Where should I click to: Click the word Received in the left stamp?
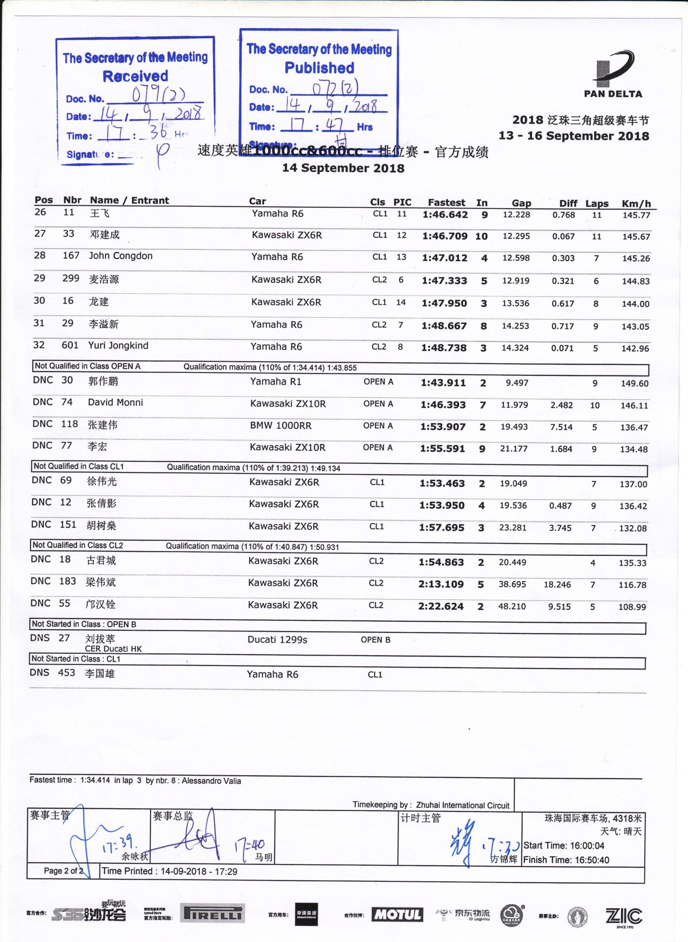tap(135, 76)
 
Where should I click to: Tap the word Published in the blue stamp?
tap(319, 68)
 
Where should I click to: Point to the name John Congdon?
tap(121, 256)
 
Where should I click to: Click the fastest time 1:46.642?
tap(445, 215)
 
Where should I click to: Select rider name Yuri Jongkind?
tap(118, 346)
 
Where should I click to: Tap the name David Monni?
tap(115, 403)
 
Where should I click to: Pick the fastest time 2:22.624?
tap(441, 607)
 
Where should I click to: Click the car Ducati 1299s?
tap(277, 640)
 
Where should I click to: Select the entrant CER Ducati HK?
tap(113, 649)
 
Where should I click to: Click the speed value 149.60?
tap(634, 383)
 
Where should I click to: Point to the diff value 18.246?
tap(557, 585)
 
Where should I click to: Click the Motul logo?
tap(397, 915)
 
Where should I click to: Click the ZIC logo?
tap(623, 916)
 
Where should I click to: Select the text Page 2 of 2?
tap(63, 871)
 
